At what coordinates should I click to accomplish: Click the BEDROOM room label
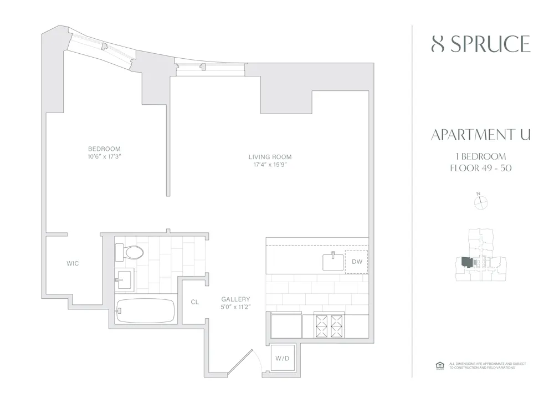click(x=104, y=149)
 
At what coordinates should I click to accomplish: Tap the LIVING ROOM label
click(x=270, y=157)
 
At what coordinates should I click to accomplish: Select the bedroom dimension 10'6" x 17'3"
click(x=104, y=157)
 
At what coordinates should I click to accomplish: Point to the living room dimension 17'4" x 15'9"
click(x=270, y=165)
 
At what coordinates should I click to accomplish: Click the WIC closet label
click(x=73, y=263)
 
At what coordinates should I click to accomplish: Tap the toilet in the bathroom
click(x=130, y=253)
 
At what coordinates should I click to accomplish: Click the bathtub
click(x=146, y=311)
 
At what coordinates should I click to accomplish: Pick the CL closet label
click(x=194, y=302)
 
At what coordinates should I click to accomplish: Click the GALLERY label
click(x=235, y=299)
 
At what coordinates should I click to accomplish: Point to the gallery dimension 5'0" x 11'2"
click(x=235, y=307)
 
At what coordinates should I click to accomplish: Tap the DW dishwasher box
click(x=356, y=261)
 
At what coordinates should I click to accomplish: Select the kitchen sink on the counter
click(x=333, y=261)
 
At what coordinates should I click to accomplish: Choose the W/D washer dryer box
click(x=283, y=358)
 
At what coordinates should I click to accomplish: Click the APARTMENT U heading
click(x=480, y=135)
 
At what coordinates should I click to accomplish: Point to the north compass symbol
click(x=480, y=202)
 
